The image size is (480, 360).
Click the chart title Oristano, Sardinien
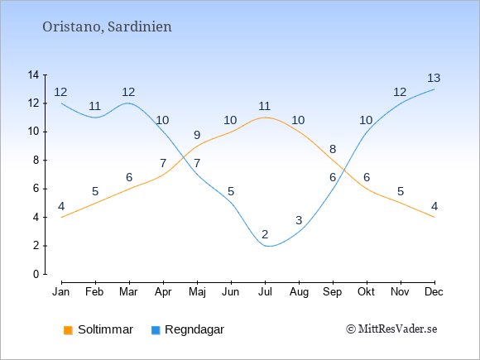click(x=107, y=26)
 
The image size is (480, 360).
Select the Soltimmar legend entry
click(x=98, y=329)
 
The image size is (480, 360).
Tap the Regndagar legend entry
click(x=188, y=329)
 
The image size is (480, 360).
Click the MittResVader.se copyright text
click(x=391, y=329)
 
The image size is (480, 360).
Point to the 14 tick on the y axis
click(x=33, y=74)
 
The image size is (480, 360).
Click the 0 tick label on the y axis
click(x=36, y=274)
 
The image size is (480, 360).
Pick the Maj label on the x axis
click(x=197, y=292)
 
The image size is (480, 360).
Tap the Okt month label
click(x=366, y=292)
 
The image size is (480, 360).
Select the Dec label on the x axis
click(x=434, y=292)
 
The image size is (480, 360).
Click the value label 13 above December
click(x=434, y=78)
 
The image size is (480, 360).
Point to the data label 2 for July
click(x=265, y=234)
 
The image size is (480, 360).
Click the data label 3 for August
click(x=299, y=220)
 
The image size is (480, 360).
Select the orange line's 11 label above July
click(x=265, y=106)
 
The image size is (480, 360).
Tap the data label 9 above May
click(x=197, y=135)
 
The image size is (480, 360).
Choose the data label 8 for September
click(x=333, y=150)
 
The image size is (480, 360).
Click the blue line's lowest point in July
click(x=267, y=246)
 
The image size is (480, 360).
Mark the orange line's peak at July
click(x=265, y=118)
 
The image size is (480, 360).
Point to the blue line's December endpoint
click(x=434, y=89)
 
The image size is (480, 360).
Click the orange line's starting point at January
click(x=62, y=218)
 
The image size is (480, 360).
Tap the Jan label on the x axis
click(x=61, y=292)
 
